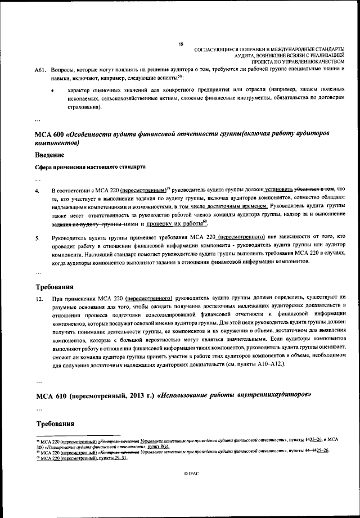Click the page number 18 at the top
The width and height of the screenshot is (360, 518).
(x=181, y=44)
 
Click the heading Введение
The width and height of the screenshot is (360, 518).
(x=49, y=154)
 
